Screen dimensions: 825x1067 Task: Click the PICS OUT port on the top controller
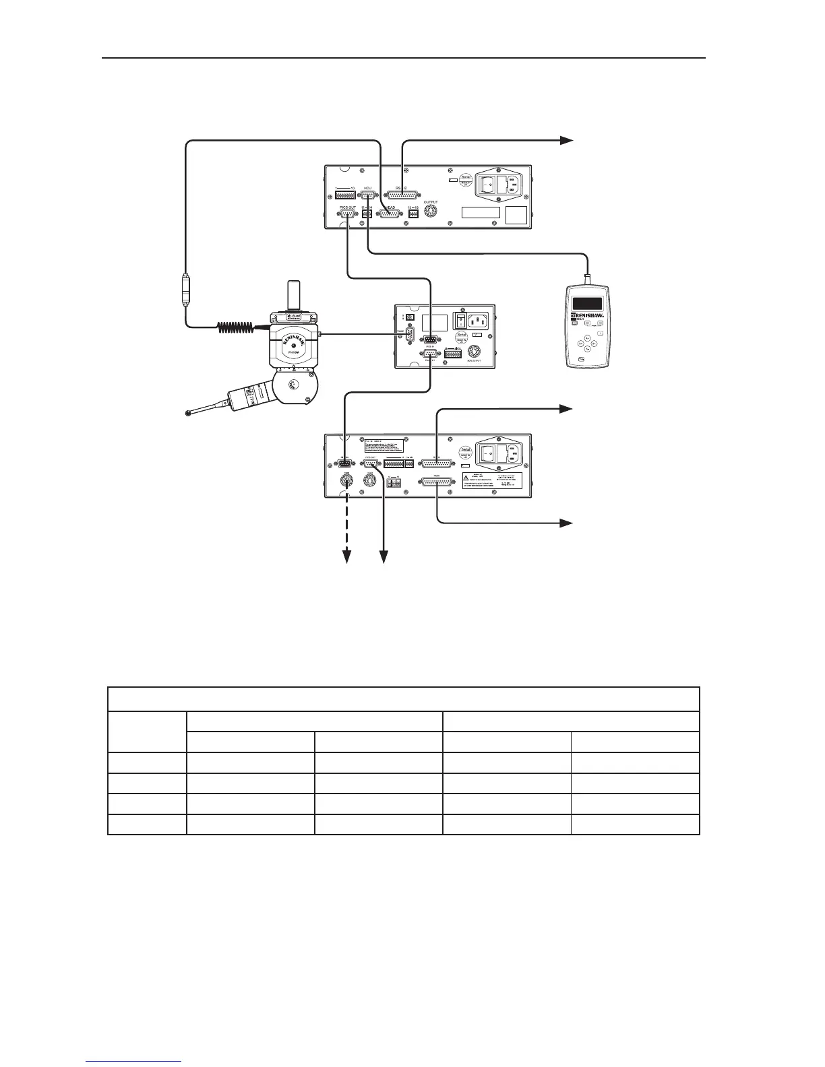tap(348, 214)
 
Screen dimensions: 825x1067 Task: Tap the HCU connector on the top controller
tap(368, 195)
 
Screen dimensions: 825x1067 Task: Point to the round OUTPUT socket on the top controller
tap(430, 212)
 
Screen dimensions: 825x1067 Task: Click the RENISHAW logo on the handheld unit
tap(588, 314)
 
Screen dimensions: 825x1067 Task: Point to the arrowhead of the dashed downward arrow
tap(348, 556)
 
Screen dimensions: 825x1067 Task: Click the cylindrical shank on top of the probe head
tap(293, 295)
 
